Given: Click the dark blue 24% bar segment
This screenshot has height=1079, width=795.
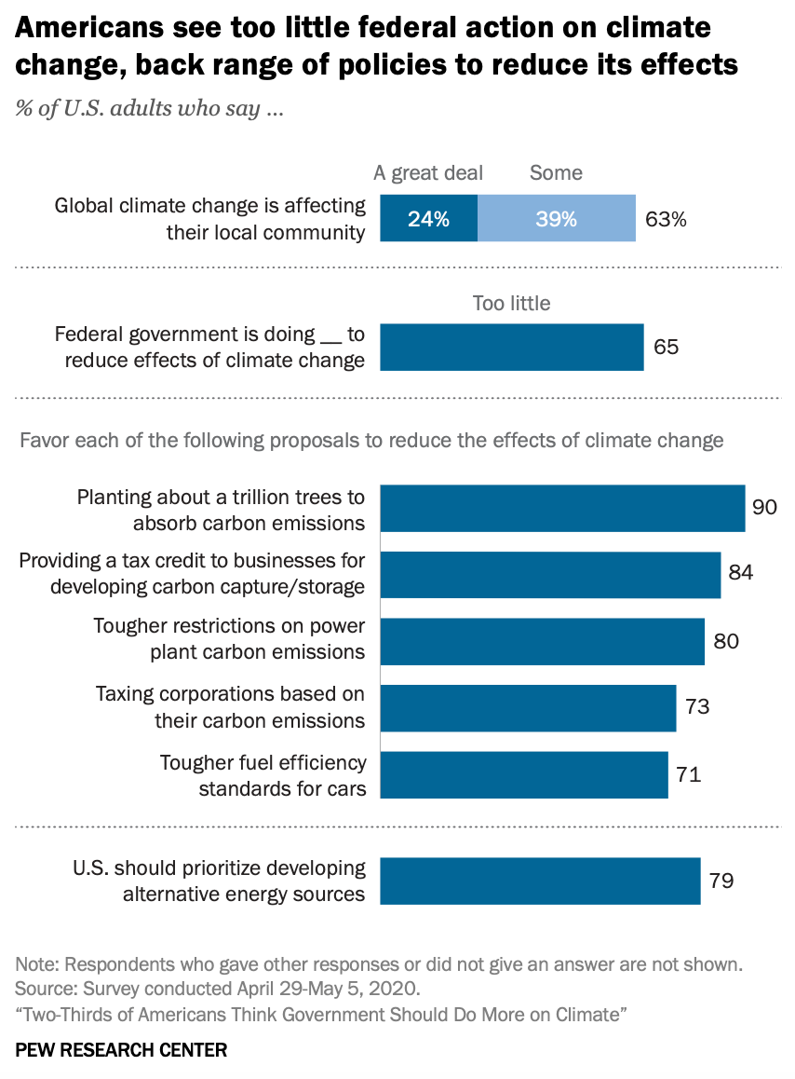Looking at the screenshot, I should click(x=428, y=219).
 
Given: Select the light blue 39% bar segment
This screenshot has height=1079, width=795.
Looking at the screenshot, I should click(x=556, y=219).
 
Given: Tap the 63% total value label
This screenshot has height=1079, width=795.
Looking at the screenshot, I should click(x=666, y=220).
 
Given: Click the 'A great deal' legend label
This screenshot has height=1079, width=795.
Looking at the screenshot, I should click(x=428, y=172).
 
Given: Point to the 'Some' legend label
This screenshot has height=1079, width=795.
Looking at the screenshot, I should click(x=556, y=172).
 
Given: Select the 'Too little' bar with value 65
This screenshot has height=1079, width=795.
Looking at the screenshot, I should click(x=511, y=348).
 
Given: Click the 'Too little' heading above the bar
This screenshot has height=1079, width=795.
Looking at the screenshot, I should click(x=511, y=303).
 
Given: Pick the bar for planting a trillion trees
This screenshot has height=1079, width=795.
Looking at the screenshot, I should click(x=562, y=509).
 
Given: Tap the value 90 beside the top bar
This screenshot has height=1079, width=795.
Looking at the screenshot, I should click(x=765, y=508).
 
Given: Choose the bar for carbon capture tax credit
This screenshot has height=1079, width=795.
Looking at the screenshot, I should click(x=550, y=575).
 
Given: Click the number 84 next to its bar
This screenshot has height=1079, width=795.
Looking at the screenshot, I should click(x=740, y=573).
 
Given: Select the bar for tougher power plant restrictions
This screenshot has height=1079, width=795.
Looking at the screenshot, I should click(x=542, y=641).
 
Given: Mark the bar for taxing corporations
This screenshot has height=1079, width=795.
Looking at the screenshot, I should click(x=528, y=708).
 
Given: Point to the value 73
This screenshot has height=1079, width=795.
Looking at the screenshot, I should click(x=696, y=706).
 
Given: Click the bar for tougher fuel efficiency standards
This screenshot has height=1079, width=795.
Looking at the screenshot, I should click(x=524, y=775).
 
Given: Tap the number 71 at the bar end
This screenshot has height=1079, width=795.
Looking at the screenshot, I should click(x=688, y=774).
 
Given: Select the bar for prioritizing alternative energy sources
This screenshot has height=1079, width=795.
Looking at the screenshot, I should click(x=540, y=881).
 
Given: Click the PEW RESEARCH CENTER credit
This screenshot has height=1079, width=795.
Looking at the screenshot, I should click(x=121, y=1050).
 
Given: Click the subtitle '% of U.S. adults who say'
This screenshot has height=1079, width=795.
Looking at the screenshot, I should click(x=150, y=108).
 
